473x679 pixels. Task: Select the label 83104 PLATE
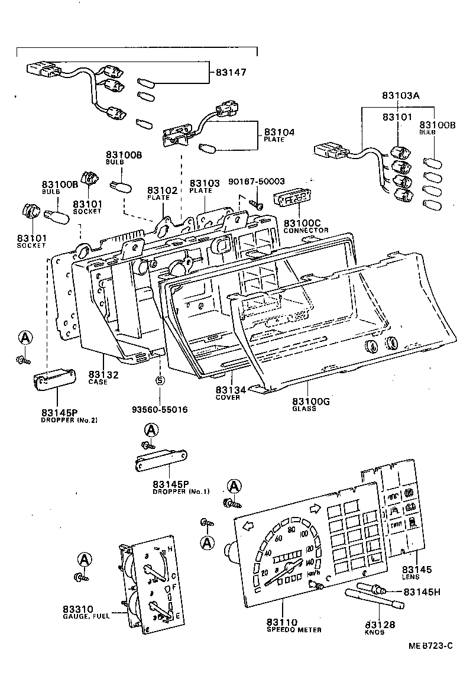coord(279,135)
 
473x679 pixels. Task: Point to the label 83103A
coord(400,95)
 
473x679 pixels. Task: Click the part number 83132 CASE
coord(103,377)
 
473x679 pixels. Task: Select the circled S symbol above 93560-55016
coord(159,380)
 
